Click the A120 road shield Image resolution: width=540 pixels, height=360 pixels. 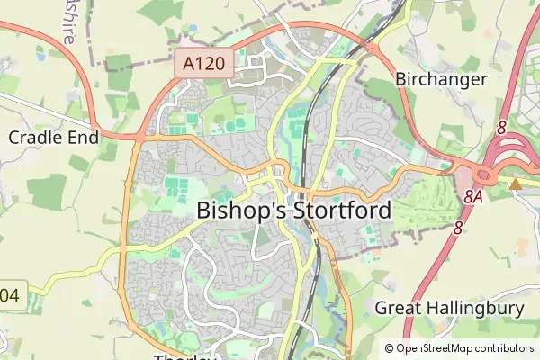point(205,64)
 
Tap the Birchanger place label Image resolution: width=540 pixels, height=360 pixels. point(441,78)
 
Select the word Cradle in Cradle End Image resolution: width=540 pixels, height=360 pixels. point(34,137)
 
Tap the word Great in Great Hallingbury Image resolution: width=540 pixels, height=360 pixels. point(397,309)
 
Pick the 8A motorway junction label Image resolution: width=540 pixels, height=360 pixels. point(475,195)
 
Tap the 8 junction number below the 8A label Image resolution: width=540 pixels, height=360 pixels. point(458,229)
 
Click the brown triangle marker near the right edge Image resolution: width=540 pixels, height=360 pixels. point(516,184)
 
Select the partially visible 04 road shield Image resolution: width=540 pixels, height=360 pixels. point(9,293)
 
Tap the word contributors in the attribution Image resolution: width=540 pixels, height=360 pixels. point(506,347)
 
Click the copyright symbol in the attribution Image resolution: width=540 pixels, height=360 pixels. point(390,347)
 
